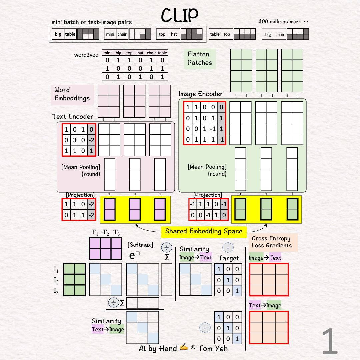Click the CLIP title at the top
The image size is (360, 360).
pos(180,15)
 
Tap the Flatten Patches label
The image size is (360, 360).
pos(200,58)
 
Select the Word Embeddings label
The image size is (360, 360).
pos(72,94)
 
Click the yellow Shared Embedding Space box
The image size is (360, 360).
pos(204,231)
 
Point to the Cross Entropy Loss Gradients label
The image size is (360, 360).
pos(272,242)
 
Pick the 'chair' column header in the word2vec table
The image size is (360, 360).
pos(151,53)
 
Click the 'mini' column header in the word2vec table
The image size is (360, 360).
pos(107,53)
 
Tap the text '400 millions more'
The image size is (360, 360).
pos(283,22)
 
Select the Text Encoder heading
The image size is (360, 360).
pos(73,116)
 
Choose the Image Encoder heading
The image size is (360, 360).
pos(200,94)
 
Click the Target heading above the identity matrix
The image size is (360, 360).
pos(229,258)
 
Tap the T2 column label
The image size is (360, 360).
pos(106,233)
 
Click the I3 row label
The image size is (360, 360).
pos(56,291)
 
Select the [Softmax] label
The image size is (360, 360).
pos(140,245)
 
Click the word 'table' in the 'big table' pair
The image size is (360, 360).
pos(70,34)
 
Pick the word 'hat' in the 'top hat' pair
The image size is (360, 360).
pos(174,34)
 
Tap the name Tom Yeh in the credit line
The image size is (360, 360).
pos(213,349)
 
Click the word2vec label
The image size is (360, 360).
pos(86,55)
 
